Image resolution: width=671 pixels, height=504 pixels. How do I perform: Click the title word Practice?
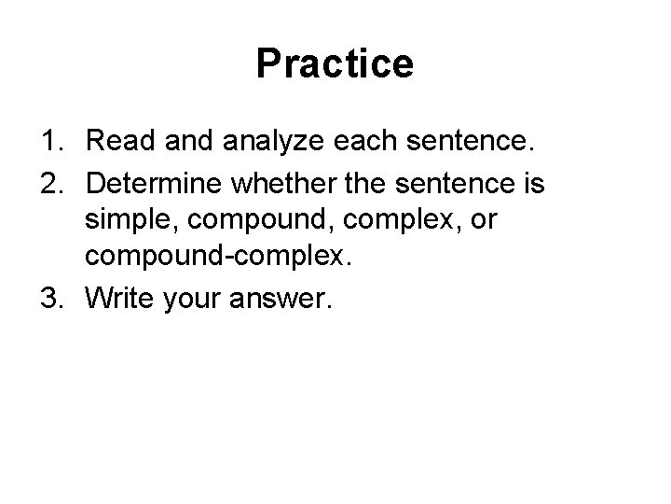click(335, 64)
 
